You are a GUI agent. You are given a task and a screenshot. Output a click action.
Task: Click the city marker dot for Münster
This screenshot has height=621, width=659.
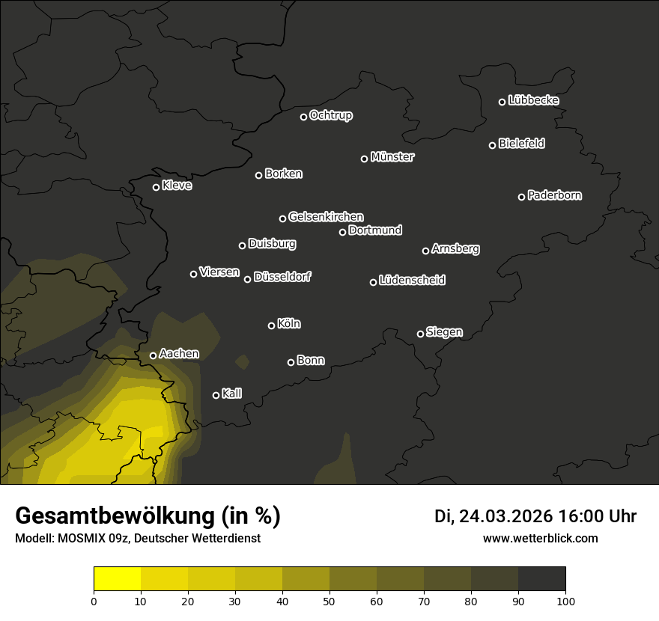(365, 159)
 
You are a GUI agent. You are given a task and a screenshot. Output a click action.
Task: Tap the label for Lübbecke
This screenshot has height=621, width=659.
(533, 100)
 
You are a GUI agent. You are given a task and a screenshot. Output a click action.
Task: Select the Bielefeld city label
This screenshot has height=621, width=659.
(521, 144)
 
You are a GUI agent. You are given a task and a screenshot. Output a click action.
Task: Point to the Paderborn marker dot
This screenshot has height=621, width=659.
(522, 197)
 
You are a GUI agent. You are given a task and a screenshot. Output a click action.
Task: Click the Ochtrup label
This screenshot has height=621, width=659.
(330, 115)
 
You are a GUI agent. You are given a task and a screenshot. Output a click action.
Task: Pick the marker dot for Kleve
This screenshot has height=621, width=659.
(157, 187)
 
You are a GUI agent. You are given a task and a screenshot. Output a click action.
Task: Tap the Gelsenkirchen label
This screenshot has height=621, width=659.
(326, 217)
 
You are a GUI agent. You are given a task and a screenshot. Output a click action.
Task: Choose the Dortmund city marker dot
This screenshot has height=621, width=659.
(343, 232)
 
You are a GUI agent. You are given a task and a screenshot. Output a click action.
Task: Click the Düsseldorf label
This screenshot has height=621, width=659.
(282, 277)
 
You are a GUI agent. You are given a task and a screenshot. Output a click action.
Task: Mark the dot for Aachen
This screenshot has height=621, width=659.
(154, 355)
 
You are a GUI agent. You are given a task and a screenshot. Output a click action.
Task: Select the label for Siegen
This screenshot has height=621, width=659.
(444, 332)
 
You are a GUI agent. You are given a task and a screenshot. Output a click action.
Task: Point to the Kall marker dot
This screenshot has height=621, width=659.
(216, 395)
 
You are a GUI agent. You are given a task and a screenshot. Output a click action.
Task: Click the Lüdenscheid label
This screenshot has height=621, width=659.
(412, 281)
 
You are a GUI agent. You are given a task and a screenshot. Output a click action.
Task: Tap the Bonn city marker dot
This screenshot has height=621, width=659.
(291, 362)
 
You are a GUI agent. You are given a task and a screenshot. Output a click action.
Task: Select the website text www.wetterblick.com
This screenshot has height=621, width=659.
(540, 538)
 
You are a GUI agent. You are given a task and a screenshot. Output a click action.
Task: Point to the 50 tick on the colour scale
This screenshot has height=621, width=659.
(329, 600)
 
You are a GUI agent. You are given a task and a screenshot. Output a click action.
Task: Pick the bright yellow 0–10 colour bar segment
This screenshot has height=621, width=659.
(118, 578)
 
